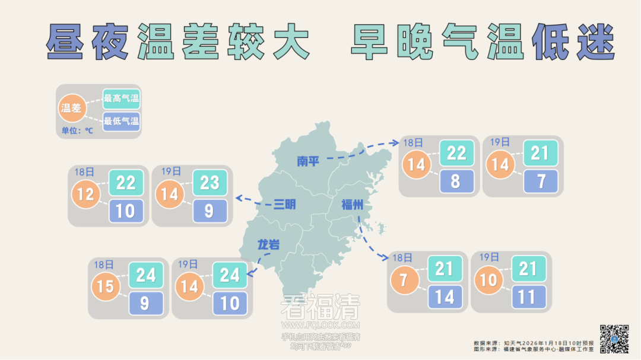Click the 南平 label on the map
(308, 161)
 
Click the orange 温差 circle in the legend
(71, 108)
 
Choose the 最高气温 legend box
(121, 98)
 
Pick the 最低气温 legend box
(121, 122)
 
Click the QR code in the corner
(614, 339)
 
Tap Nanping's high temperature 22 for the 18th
(456, 153)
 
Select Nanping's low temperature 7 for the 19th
(541, 181)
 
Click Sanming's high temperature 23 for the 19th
(210, 183)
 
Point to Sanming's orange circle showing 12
(85, 194)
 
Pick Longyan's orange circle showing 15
(106, 287)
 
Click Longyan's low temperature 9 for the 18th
(145, 304)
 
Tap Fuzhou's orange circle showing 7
(404, 279)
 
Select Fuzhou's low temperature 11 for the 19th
(527, 297)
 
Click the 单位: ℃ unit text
(77, 130)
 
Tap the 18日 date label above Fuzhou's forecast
(402, 257)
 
